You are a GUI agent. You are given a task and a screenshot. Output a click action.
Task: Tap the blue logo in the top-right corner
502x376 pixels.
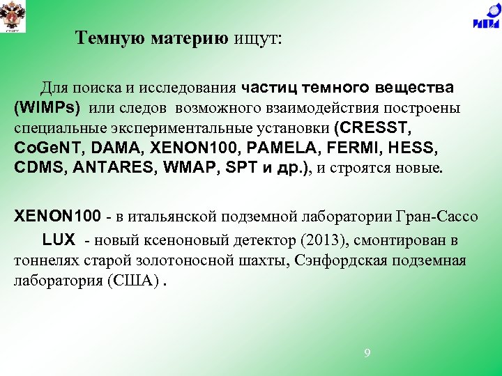(485, 17)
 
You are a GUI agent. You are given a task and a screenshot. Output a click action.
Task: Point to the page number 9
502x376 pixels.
(367, 353)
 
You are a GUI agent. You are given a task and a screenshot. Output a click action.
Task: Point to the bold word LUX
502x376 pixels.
(59, 240)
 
